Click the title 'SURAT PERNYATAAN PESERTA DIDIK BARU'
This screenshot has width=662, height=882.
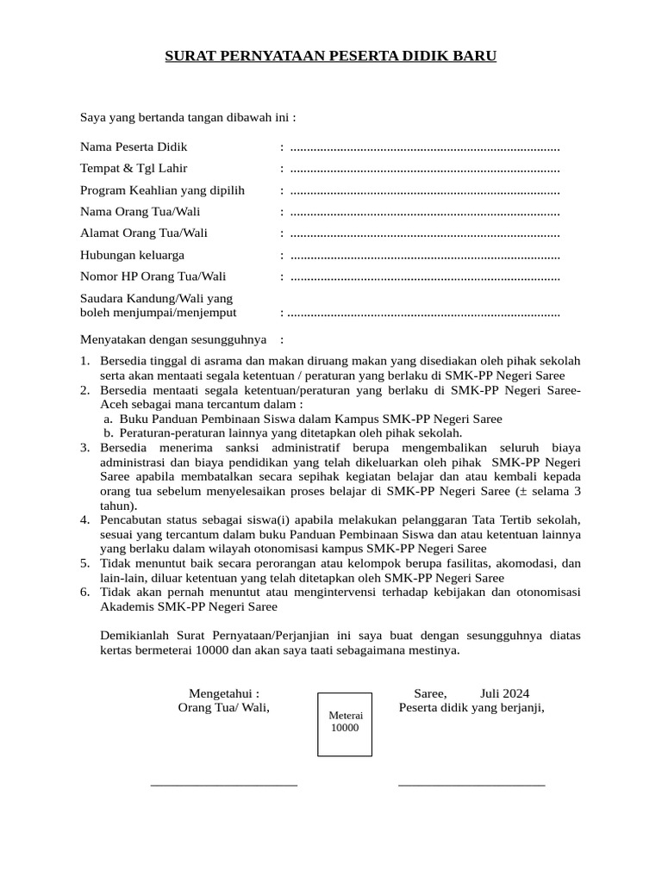(x=331, y=57)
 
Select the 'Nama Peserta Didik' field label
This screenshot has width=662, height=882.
(x=134, y=146)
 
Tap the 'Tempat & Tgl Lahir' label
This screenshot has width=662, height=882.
(x=134, y=168)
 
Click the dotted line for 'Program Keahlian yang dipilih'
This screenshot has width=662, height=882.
(x=425, y=190)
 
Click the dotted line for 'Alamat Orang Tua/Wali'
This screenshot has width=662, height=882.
(x=425, y=233)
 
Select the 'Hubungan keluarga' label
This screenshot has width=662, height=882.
(x=132, y=255)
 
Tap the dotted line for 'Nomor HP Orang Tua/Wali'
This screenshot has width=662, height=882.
(x=425, y=276)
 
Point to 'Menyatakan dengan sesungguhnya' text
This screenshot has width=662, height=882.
(x=173, y=339)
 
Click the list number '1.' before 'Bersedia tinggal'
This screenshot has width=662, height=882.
(x=85, y=361)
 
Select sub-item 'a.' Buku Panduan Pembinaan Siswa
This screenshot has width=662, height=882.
(x=109, y=419)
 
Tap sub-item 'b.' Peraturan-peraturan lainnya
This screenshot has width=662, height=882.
(x=109, y=433)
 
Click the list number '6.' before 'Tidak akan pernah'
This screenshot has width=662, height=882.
(x=85, y=592)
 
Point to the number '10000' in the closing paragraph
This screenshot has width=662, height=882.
(x=211, y=650)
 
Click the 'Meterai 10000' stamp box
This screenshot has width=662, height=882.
(x=345, y=724)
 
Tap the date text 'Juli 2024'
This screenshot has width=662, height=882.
(x=504, y=693)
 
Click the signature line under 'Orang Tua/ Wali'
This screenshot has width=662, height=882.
(x=224, y=785)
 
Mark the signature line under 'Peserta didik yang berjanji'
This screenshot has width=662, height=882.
(x=472, y=785)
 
